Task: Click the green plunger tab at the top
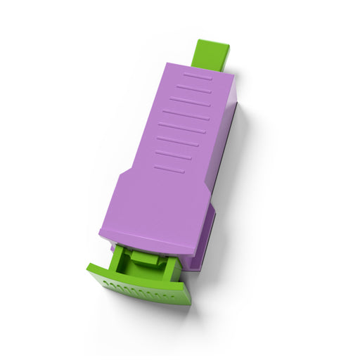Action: click(x=210, y=53)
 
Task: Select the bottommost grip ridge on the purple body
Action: click(x=169, y=169)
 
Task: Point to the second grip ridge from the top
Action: click(x=193, y=89)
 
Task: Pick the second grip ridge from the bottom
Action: click(x=173, y=155)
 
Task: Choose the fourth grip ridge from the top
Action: click(x=186, y=115)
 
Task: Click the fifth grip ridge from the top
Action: click(x=181, y=128)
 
